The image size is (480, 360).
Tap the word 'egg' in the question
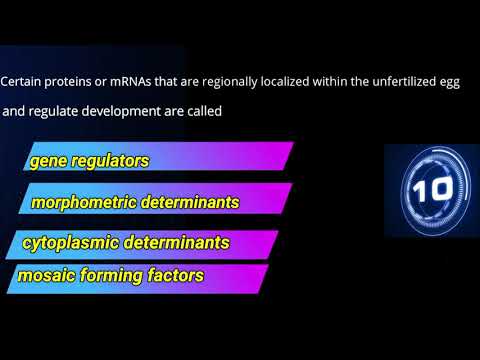pyautogui.click(x=448, y=82)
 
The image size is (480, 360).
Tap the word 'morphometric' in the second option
pyautogui.click(x=82, y=201)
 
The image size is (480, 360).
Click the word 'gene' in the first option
pyautogui.click(x=47, y=159)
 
